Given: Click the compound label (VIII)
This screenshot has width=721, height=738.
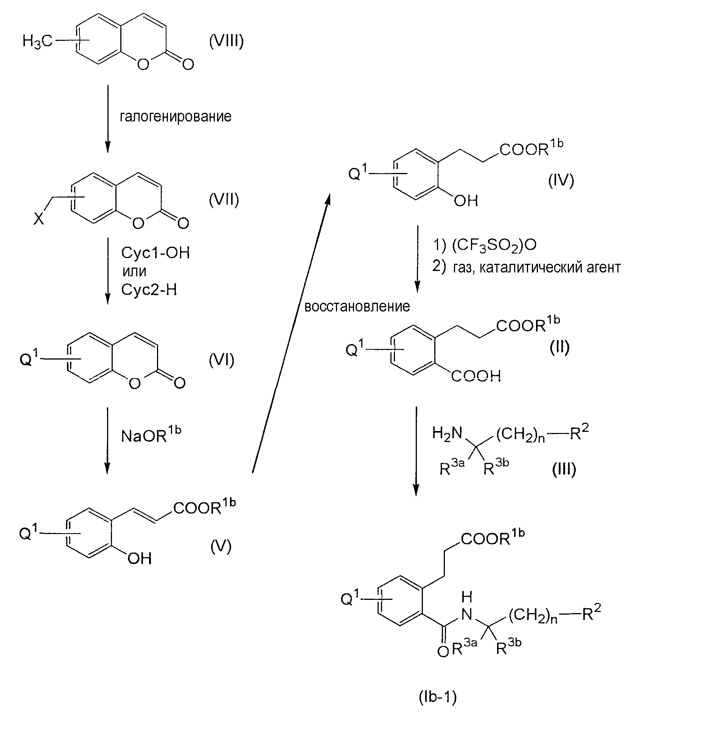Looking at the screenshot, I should click(226, 41).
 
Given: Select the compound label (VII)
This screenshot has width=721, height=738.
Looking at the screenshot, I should click(224, 200).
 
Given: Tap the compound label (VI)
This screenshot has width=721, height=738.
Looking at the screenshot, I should click(222, 360).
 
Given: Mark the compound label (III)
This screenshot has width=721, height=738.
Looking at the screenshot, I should click(564, 469).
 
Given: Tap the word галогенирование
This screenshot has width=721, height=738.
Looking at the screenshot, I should click(175, 116).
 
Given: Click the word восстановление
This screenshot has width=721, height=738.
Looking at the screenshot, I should click(357, 306).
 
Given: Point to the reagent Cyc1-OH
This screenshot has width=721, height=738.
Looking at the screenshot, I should click(155, 253).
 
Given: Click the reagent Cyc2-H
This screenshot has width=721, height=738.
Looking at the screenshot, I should click(149, 290).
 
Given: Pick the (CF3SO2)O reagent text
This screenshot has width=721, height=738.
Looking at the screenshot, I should click(494, 245).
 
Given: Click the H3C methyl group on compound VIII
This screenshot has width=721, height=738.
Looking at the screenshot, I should click(37, 41).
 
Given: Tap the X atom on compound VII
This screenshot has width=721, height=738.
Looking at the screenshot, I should click(39, 219).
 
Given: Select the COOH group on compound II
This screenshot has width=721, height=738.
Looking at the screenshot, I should click(476, 376).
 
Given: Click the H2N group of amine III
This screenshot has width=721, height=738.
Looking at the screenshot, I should click(448, 433).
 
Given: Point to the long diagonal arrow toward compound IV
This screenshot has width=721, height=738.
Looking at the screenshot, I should click(291, 333).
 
